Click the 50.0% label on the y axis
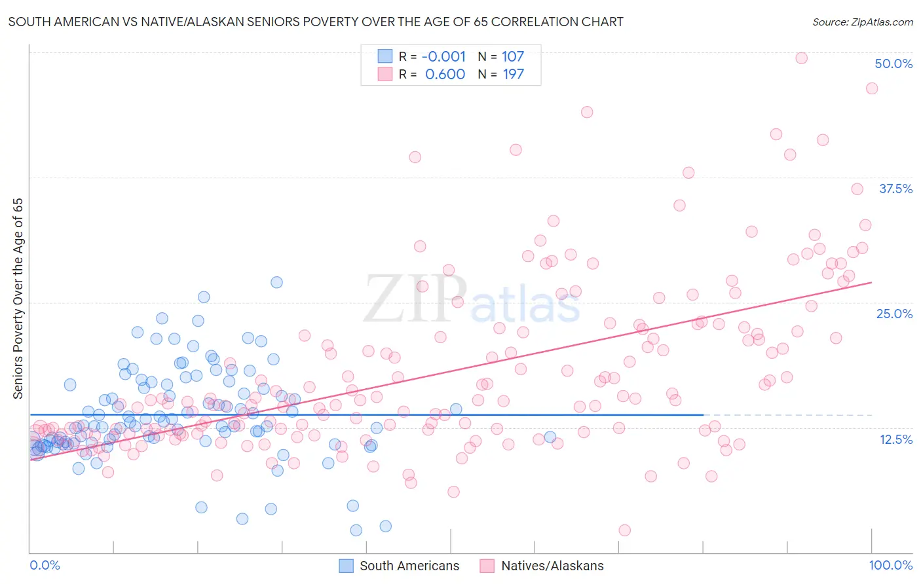point(893,64)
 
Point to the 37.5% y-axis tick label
point(895,189)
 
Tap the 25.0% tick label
point(894,314)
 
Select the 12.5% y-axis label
point(895,439)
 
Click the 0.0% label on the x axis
point(45,565)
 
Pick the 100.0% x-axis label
point(890,565)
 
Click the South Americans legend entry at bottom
point(409,566)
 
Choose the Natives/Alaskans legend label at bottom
point(552,566)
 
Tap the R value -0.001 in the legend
point(443,57)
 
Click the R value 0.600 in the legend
point(445,75)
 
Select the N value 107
point(513,57)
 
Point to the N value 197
point(513,75)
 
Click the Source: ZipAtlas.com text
point(863,22)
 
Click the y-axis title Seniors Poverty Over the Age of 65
point(18,299)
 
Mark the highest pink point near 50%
point(801,58)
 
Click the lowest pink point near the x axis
point(624,530)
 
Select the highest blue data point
point(276,282)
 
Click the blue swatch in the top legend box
point(385,57)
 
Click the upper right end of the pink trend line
point(871,282)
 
